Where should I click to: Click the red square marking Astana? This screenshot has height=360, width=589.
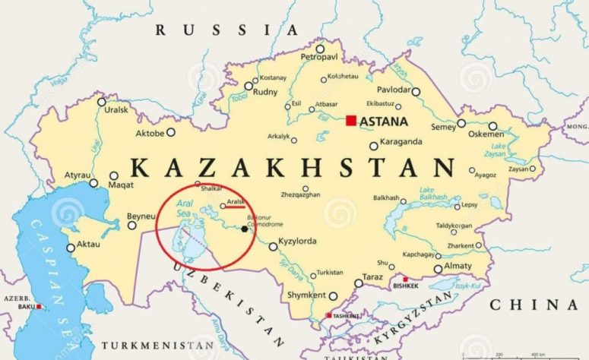coord(350,120)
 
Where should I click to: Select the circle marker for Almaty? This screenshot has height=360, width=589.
coord(438,269)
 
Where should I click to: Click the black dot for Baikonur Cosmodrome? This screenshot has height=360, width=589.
coord(244,228)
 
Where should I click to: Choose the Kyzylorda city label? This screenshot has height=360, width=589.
coord(297,242)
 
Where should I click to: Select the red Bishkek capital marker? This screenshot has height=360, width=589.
coord(405,279)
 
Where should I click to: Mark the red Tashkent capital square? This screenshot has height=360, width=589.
coord(328,315)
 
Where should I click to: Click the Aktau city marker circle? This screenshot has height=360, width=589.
coord(71,248)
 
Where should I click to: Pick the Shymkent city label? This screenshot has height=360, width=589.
coord(306,295)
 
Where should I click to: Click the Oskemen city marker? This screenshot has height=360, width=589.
coord(492,126)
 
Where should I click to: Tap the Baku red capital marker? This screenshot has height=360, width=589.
coord(40,307)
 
